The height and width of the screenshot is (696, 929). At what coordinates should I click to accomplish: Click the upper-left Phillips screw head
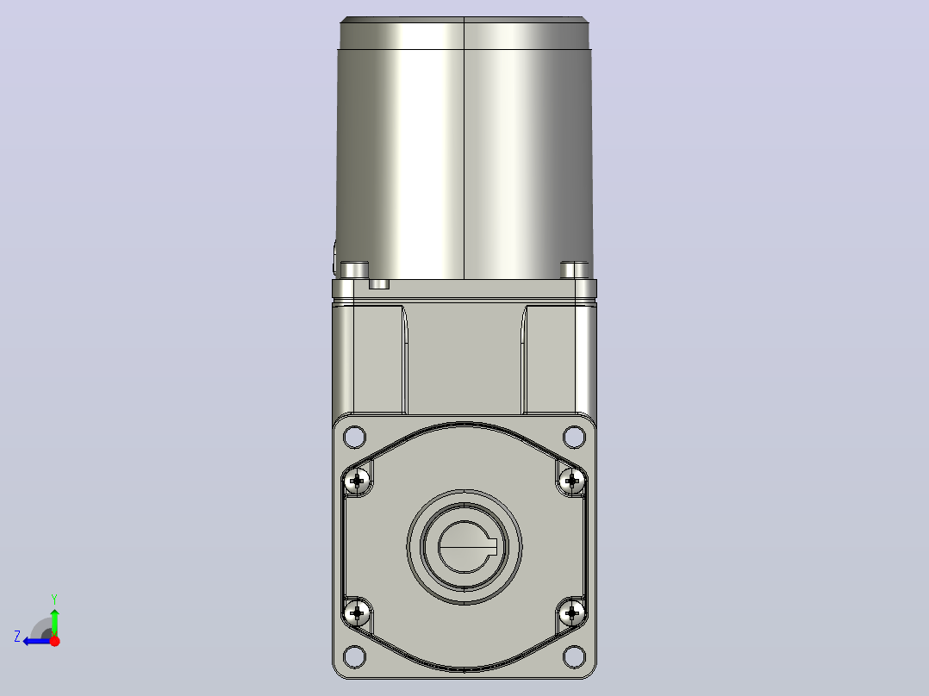[357, 481]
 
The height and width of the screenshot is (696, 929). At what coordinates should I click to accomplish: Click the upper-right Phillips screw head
[571, 481]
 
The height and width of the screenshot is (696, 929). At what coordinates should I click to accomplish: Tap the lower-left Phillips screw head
[357, 612]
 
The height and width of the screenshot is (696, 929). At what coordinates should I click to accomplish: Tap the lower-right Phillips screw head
[571, 612]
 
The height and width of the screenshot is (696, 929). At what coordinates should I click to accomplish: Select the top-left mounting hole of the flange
[354, 437]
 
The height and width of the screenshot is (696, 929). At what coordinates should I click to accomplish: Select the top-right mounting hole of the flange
[574, 437]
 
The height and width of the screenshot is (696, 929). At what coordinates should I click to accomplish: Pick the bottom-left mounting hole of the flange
[354, 656]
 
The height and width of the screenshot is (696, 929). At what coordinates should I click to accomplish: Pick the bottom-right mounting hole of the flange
[574, 656]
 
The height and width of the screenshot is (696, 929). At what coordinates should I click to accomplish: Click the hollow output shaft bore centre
[464, 547]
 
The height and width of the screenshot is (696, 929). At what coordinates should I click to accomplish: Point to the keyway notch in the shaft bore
[491, 547]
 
